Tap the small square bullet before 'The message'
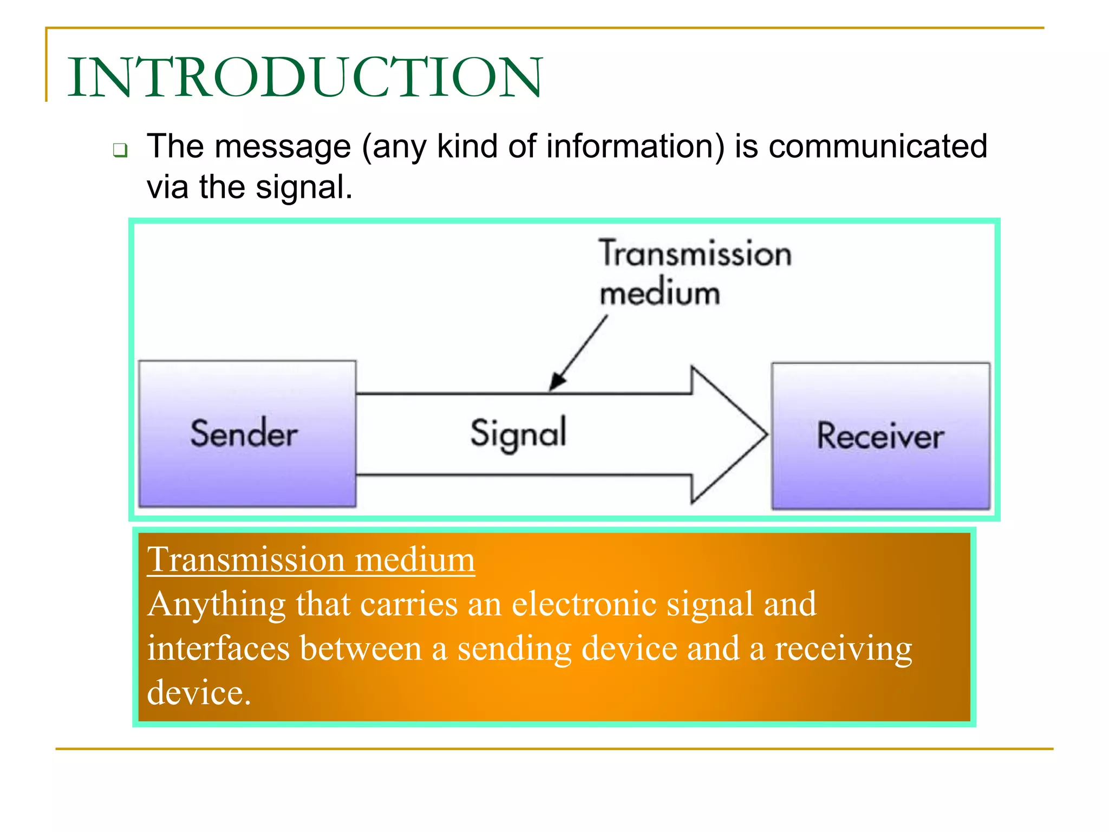120,150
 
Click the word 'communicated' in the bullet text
878,147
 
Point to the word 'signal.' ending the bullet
304,187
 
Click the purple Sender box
247,434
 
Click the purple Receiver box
880,436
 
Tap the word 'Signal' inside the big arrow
518,434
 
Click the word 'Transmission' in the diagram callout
695,253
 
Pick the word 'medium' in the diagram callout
660,293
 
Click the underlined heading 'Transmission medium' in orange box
311,560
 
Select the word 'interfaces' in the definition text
218,648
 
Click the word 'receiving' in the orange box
843,649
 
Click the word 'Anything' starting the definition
216,605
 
